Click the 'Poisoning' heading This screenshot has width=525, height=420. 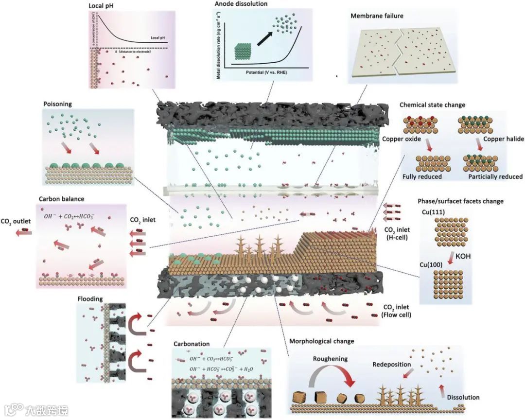click(57, 104)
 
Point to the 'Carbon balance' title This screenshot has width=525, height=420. click(61, 199)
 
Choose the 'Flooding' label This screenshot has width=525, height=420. click(89, 299)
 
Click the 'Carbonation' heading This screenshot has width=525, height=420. click(192, 344)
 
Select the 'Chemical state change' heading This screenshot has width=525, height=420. click(432, 105)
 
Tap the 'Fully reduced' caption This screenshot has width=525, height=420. click(422, 176)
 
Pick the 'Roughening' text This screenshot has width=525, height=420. click(331, 359)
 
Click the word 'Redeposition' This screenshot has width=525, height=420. click(392, 364)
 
